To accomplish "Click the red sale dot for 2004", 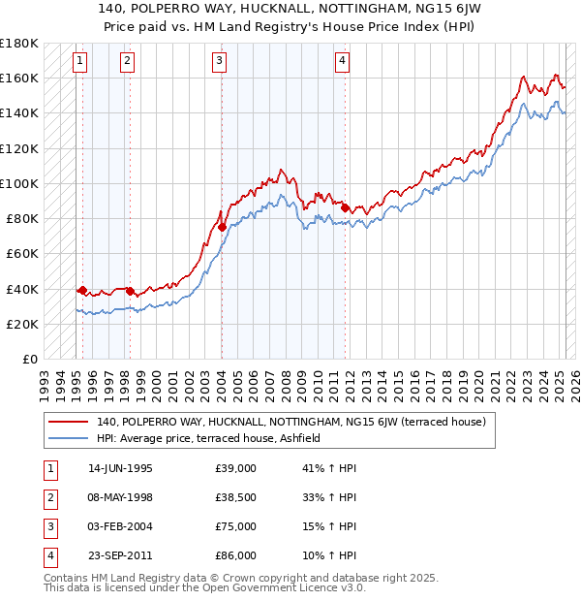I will pyautogui.click(x=222, y=227).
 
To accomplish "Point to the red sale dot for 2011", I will pyautogui.click(x=345, y=206).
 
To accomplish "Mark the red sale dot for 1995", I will pyautogui.click(x=82, y=290).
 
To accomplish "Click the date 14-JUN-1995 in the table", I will pyautogui.click(x=120, y=468).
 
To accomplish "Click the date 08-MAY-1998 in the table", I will pyautogui.click(x=121, y=497).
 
